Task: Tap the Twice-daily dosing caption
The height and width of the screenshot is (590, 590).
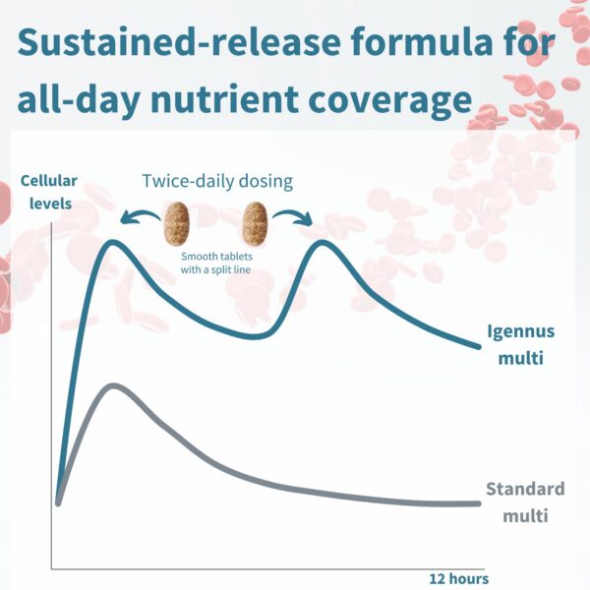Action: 217,182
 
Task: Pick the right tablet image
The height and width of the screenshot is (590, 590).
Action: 255,225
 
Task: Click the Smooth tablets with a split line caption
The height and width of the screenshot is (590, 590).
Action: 217,262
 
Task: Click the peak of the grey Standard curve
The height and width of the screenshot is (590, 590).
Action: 114,386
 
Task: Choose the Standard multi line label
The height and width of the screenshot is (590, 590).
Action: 526,501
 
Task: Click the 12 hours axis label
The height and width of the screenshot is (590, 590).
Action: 458,578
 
